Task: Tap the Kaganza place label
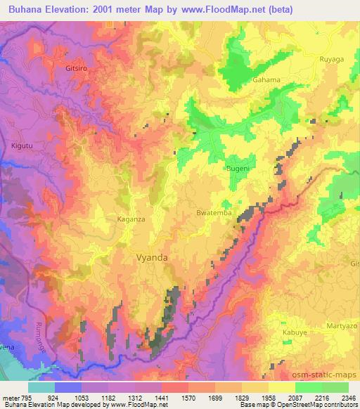pyautogui.click(x=129, y=219)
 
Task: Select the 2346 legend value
pyautogui.click(x=349, y=397)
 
